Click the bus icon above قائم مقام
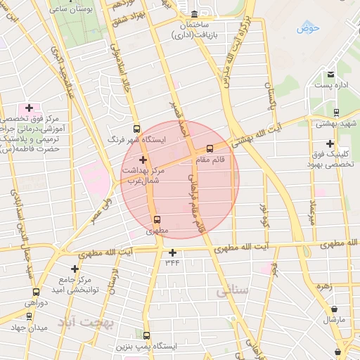(x=210, y=148)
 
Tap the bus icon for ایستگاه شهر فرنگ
(x=136, y=129)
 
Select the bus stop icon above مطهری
(x=157, y=219)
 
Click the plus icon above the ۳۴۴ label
(x=172, y=252)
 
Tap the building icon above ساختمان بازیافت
(x=195, y=15)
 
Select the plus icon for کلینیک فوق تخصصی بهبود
(x=330, y=143)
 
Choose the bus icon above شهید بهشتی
(x=336, y=112)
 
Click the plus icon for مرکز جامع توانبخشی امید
(x=75, y=269)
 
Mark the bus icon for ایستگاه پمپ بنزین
(x=146, y=335)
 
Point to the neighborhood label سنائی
(x=233, y=290)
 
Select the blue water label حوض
(x=308, y=28)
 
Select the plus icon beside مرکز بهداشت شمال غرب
(x=143, y=160)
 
